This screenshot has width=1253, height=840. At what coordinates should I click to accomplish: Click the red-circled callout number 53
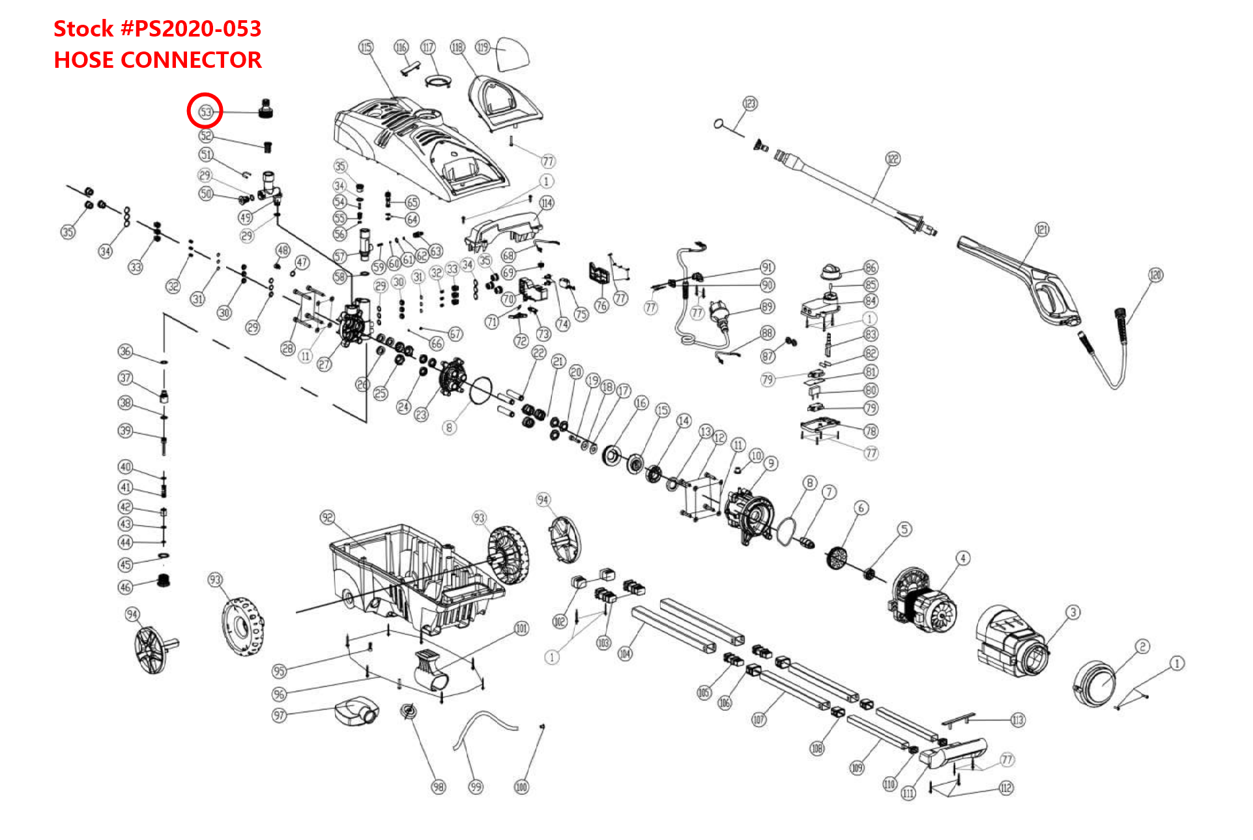coord(205,112)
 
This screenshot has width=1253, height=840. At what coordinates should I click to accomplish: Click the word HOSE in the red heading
coord(83,60)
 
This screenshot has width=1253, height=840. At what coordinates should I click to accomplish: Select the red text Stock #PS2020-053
coord(157,29)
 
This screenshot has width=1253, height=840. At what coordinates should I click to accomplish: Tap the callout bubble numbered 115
coord(366,47)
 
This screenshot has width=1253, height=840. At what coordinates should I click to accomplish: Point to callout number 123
coord(750,104)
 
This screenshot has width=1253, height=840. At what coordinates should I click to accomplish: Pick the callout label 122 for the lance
coord(892,159)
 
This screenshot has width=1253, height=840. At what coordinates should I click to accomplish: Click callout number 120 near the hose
coord(1155,275)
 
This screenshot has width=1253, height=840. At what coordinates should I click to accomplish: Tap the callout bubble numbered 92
coord(327,518)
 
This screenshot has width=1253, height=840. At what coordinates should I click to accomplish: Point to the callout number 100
coord(521,787)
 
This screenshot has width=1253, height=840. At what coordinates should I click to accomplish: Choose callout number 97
coord(279,715)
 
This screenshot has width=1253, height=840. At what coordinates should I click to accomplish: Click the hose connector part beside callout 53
coord(265,108)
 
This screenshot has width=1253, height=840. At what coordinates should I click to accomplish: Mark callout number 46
coord(125,587)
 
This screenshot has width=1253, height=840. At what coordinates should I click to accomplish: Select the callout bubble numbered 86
coord(871,267)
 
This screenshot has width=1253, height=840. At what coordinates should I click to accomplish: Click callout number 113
coord(1017,720)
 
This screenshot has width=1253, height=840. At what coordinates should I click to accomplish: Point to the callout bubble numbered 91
coord(768,267)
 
